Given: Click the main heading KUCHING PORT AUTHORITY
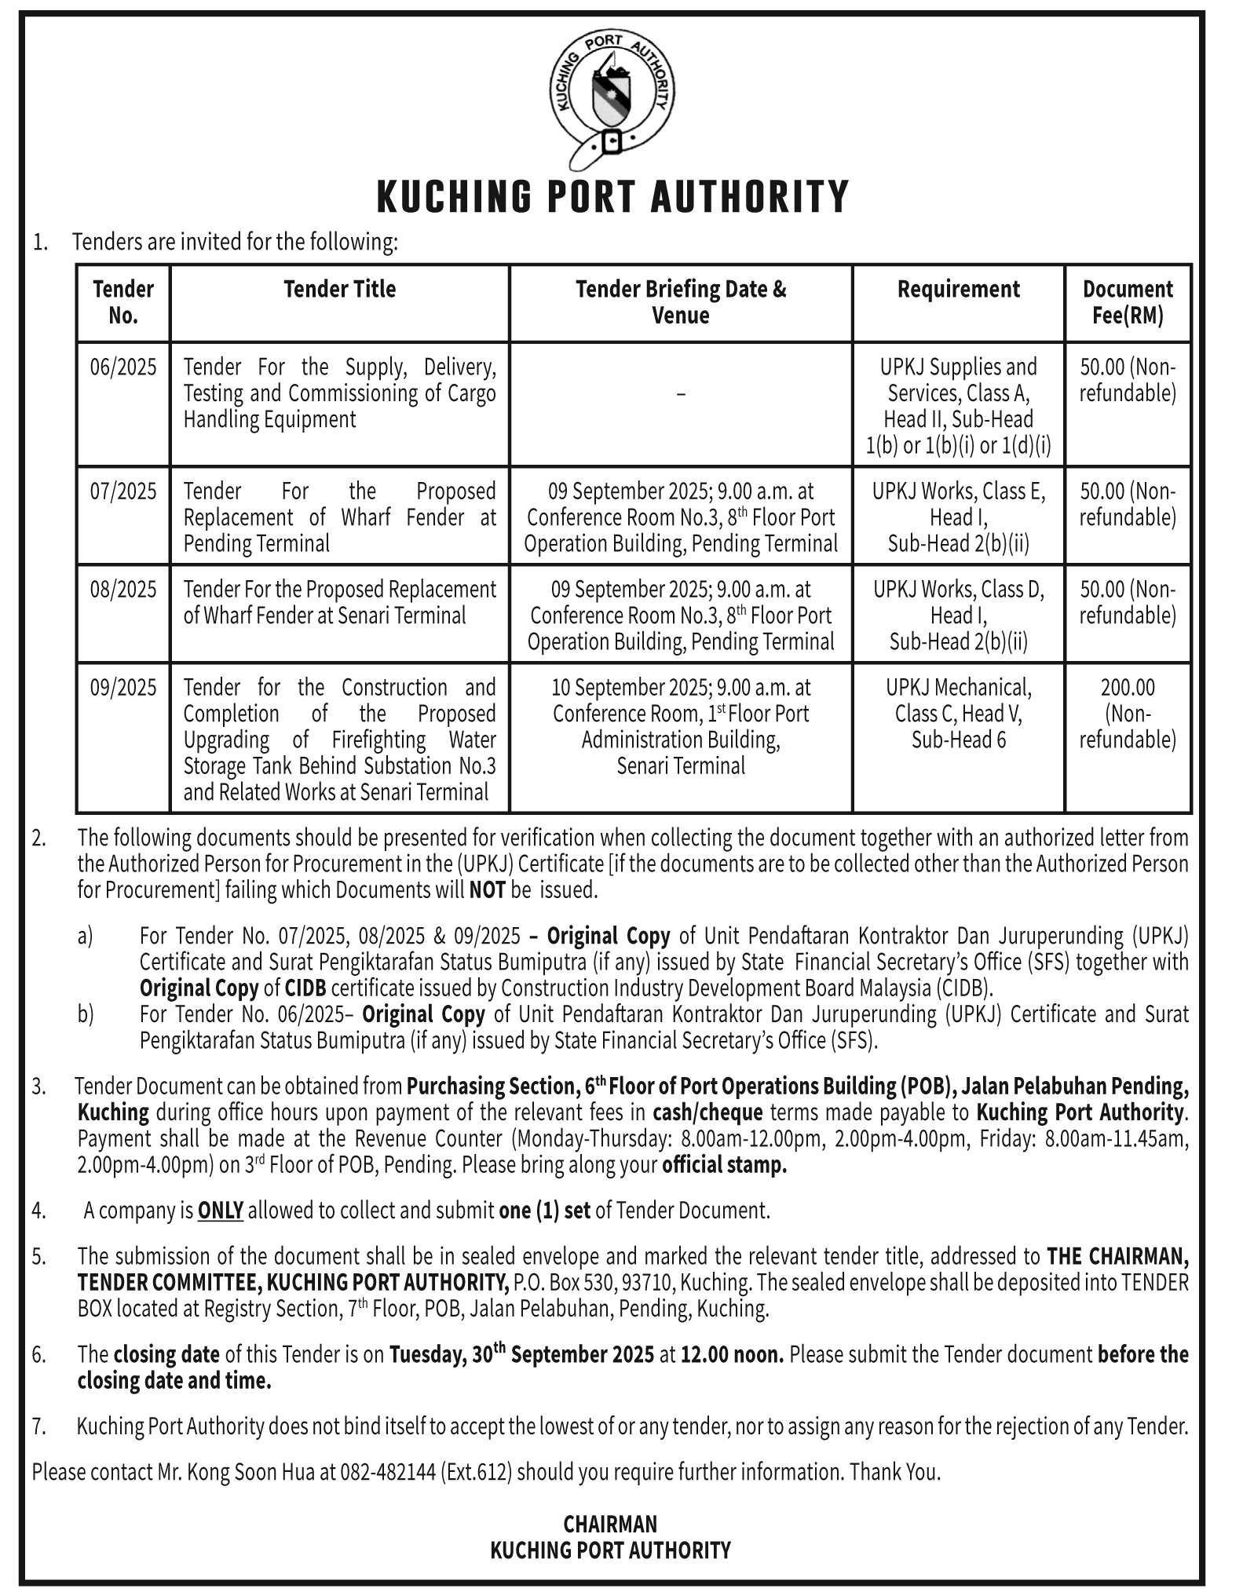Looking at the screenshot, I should (x=612, y=197).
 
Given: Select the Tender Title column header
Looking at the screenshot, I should (x=339, y=290).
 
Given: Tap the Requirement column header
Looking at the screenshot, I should (x=958, y=290).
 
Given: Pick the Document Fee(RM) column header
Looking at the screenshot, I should (x=1128, y=302).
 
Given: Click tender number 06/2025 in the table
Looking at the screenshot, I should (x=123, y=367).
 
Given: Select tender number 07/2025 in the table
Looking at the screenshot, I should (x=123, y=491).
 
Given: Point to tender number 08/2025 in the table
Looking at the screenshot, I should (x=123, y=590).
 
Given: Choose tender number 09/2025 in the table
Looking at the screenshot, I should (x=123, y=688).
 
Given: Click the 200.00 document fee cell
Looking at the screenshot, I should (x=1128, y=688).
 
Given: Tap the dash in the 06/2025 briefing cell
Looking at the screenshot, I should (x=680, y=394).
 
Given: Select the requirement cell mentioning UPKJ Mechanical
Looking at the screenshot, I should (x=958, y=714).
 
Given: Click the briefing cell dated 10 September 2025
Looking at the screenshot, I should (x=680, y=726).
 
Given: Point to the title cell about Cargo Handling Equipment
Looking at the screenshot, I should (x=339, y=393).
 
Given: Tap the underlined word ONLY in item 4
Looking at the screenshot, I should (x=220, y=1211).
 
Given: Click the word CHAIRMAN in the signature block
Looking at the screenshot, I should (x=610, y=1525).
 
